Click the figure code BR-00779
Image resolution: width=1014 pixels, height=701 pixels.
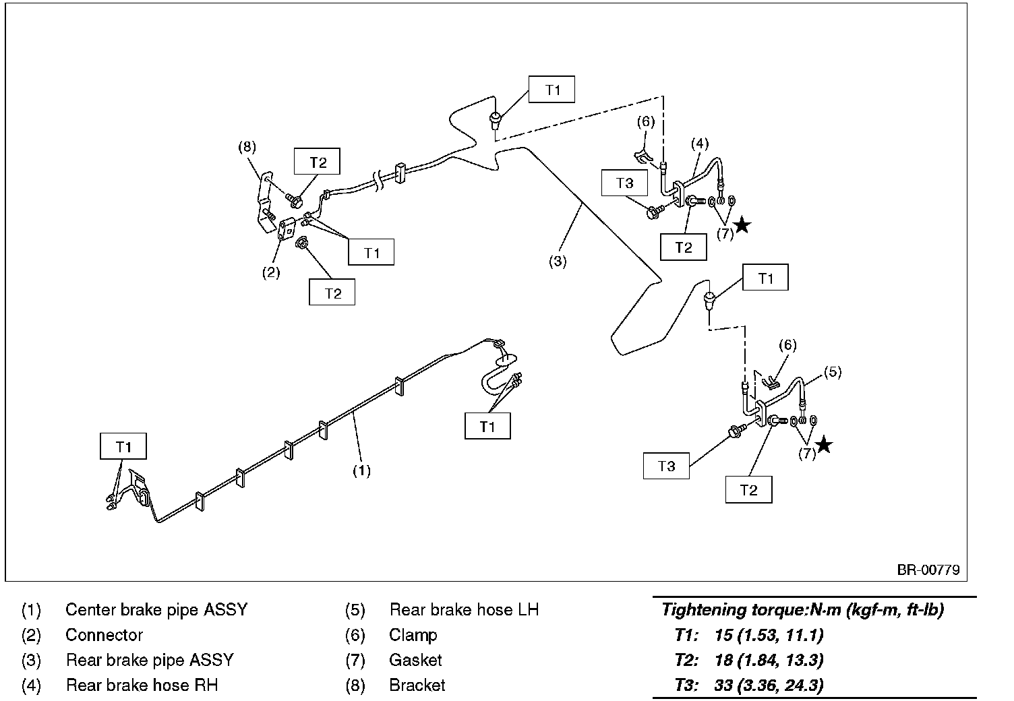tap(928, 570)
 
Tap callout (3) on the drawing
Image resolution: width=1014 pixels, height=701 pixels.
tap(558, 261)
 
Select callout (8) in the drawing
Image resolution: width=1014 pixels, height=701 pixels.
tap(247, 147)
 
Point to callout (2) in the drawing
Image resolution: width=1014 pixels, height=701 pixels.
tap(271, 272)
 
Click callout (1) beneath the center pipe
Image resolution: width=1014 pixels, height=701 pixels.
tap(361, 470)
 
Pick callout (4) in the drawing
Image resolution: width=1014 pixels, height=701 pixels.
tap(700, 144)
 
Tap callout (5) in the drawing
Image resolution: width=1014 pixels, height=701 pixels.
tap(833, 372)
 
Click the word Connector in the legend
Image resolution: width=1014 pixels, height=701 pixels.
tap(104, 635)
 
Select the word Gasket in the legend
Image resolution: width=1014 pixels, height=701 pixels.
tap(415, 660)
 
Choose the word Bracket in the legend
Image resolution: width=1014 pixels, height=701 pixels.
tap(417, 685)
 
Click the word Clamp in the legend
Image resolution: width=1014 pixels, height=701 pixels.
tap(413, 635)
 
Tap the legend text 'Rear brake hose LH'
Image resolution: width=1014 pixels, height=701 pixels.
tap(464, 609)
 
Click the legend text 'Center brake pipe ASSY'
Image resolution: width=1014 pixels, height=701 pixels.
tap(156, 609)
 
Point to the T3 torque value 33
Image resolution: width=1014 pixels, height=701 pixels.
tap(723, 685)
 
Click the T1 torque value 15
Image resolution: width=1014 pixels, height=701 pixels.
tap(723, 635)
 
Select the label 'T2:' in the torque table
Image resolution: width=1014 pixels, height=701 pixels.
tap(686, 661)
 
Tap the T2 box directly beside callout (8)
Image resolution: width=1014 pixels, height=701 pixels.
tap(317, 161)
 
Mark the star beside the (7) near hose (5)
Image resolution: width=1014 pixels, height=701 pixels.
tap(824, 444)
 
